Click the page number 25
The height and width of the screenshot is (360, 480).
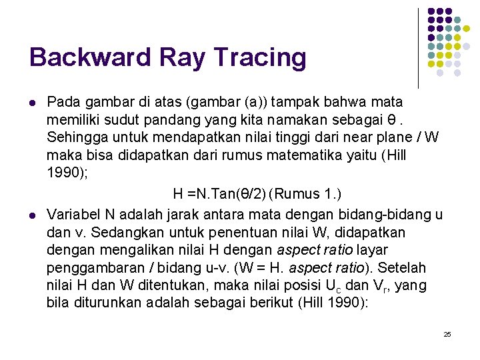pos(447,334)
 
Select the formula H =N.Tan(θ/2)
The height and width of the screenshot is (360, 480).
pos(219,194)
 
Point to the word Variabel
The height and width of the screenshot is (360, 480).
pos(73,215)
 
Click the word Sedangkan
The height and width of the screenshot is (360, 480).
pos(126,233)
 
